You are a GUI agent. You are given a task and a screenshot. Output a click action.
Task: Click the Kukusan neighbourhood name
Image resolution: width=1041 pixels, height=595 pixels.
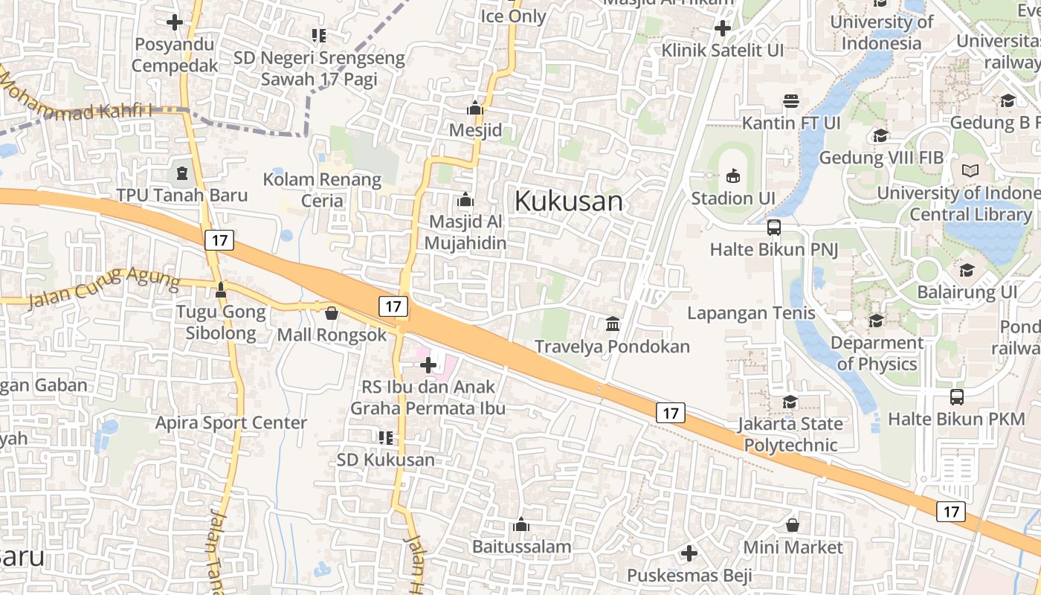pos(569,201)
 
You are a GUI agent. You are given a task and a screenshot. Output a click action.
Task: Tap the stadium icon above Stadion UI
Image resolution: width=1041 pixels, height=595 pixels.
pos(733,176)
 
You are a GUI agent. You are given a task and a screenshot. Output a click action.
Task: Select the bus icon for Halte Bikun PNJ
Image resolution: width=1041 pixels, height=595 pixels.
pos(774,227)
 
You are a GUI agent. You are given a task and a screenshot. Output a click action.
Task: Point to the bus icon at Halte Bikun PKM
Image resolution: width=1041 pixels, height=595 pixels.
pos(957,397)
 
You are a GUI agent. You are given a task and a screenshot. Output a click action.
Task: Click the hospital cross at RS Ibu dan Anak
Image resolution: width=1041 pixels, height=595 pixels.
pos(428,364)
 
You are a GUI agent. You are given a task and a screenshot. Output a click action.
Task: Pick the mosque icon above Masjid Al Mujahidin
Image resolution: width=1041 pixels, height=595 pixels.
pos(465,199)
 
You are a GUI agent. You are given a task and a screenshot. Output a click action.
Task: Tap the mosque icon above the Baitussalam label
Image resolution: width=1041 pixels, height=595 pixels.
pos(521,525)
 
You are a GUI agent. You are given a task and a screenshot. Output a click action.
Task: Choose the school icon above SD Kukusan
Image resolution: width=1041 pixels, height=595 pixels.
pos(385,437)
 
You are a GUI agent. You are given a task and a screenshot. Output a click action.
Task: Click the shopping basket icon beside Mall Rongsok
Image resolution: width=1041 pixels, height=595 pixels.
pos(332,313)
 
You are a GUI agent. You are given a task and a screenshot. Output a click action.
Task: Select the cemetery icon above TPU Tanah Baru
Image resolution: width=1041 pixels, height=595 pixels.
pos(182,174)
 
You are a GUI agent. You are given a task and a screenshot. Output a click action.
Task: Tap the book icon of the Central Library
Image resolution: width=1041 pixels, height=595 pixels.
pos(970,170)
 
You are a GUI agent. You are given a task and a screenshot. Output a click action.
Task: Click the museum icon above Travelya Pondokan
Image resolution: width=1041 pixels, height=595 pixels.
pos(613,324)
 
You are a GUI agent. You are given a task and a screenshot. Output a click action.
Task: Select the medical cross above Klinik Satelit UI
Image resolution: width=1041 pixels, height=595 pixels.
pos(722,28)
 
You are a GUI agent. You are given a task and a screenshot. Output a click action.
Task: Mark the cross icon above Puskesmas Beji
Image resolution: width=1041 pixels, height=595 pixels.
pos(689,553)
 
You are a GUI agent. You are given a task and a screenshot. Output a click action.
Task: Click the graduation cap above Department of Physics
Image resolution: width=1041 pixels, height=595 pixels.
pos(877,321)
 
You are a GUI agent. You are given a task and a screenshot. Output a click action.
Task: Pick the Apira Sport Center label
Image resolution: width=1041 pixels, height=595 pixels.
pos(231,422)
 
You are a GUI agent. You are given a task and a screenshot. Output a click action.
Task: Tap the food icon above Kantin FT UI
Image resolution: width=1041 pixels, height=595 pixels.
pos(791,100)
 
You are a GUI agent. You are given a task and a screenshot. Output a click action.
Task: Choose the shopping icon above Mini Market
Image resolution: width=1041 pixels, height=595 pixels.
pos(793,525)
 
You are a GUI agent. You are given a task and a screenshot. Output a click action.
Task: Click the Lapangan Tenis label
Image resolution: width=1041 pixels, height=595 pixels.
pos(751,312)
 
